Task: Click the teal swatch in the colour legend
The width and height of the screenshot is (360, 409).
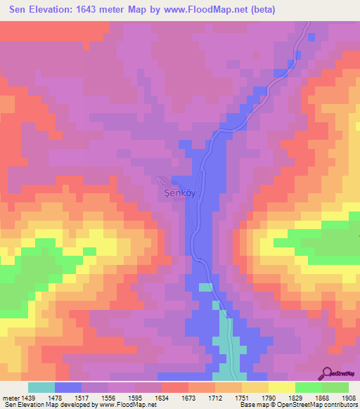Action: [x=41, y=387]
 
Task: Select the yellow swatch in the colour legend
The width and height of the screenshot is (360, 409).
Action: [x=282, y=387]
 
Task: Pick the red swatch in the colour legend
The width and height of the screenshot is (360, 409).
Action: [x=175, y=387]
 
